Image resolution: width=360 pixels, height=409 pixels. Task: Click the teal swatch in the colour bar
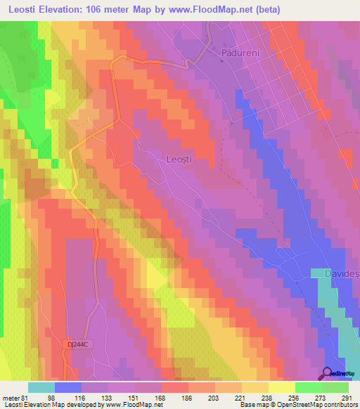click(x=41, y=387)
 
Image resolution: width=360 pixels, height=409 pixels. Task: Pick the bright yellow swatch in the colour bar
click(x=282, y=387)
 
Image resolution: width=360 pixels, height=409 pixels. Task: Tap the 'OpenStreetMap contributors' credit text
click(x=315, y=405)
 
